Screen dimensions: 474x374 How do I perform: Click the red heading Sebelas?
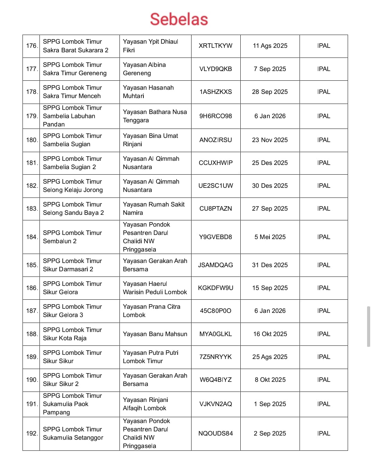coord(179,19)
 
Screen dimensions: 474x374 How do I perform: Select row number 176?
coord(31,46)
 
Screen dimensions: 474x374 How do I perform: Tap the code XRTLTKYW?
coord(215,46)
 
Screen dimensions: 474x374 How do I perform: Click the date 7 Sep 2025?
coord(270,69)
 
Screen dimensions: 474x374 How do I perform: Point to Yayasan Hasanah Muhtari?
coord(148,92)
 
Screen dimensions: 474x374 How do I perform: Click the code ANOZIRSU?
coord(215,140)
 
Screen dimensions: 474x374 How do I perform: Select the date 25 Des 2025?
coord(270,163)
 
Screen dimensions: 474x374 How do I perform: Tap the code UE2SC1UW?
coord(215,186)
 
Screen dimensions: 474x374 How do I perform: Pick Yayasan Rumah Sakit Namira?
coord(154,209)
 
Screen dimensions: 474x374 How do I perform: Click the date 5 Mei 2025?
coord(270,237)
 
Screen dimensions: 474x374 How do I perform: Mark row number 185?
coord(31,265)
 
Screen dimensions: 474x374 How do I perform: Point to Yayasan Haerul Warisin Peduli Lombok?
coord(155,288)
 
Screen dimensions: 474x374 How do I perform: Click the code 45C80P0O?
coord(215,311)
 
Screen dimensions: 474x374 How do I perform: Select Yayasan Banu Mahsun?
coord(155,334)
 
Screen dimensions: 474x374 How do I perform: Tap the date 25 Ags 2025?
coord(270,357)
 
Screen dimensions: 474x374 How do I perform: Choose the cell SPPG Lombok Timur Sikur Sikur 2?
coord(72,380)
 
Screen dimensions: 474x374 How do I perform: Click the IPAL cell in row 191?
coord(323,404)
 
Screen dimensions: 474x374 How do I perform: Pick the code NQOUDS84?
coord(215,433)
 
